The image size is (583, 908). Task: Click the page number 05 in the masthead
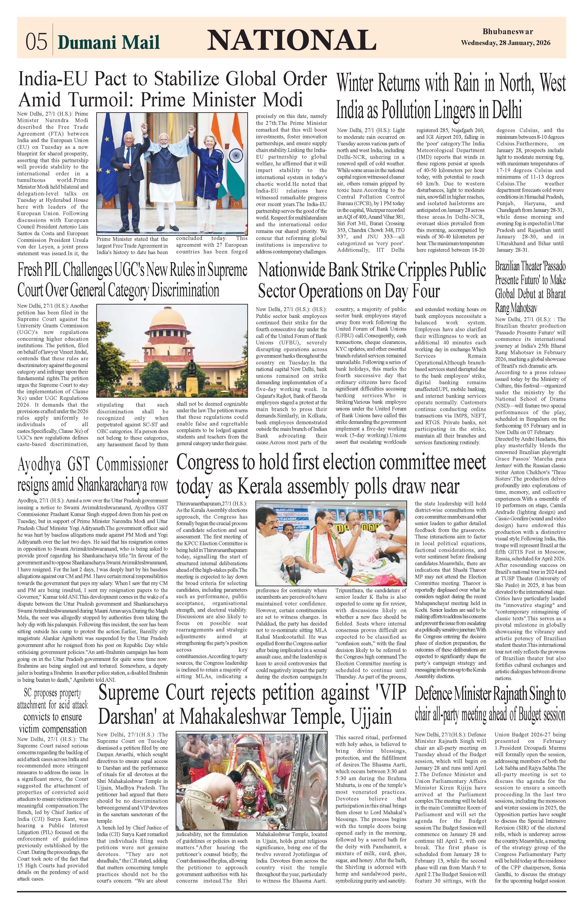click(36, 41)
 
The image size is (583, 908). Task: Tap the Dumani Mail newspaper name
click(109, 42)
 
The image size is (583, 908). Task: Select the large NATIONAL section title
click(289, 40)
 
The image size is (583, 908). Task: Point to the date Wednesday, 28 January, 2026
click(505, 43)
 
